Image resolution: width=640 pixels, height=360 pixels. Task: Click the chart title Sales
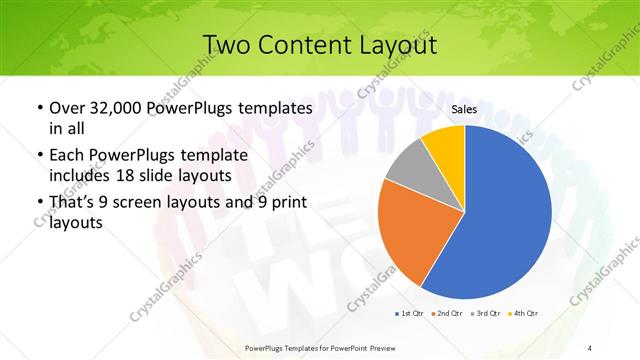[463, 111]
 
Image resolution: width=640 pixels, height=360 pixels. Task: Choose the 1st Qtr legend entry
[410, 314]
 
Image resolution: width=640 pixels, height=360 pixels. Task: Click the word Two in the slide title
[225, 46]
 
